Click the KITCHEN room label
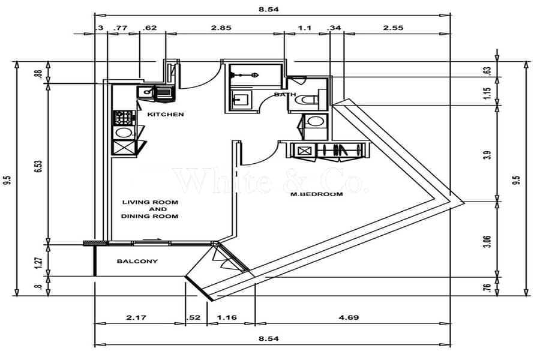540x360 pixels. [x=166, y=114]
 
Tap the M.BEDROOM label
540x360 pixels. [x=316, y=194]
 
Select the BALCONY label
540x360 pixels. [x=137, y=261]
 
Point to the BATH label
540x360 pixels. [x=285, y=94]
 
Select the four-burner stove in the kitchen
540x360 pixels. [x=124, y=118]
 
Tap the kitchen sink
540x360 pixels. [x=146, y=92]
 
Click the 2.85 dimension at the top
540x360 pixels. [x=221, y=28]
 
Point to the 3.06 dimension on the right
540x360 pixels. [x=487, y=241]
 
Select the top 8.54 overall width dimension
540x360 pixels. [x=269, y=10]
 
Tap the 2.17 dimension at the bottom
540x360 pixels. [x=136, y=317]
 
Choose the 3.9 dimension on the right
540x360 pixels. [x=487, y=155]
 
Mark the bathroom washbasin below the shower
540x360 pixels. [x=241, y=100]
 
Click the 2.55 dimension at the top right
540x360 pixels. [x=393, y=28]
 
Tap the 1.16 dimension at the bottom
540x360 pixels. [x=227, y=317]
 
